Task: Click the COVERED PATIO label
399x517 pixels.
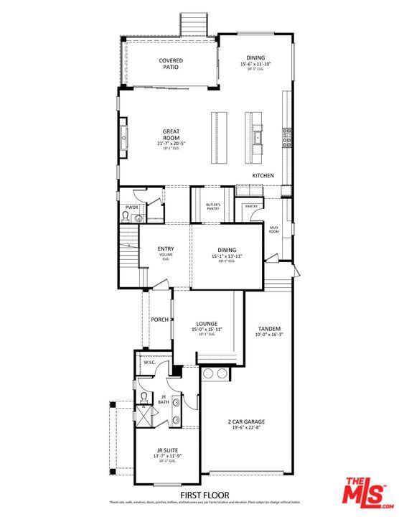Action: click(x=170, y=64)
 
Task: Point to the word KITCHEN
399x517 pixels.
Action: click(x=263, y=175)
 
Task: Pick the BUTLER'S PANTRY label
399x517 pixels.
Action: click(x=212, y=208)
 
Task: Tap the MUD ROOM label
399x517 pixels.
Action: click(x=273, y=230)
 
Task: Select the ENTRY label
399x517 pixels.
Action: click(x=166, y=249)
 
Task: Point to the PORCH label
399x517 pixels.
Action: click(x=159, y=320)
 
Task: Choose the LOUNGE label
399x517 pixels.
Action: click(x=207, y=324)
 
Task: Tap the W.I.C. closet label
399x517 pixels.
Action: click(x=149, y=363)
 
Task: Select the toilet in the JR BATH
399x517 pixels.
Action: click(x=144, y=396)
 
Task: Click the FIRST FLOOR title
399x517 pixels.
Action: click(x=205, y=495)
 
